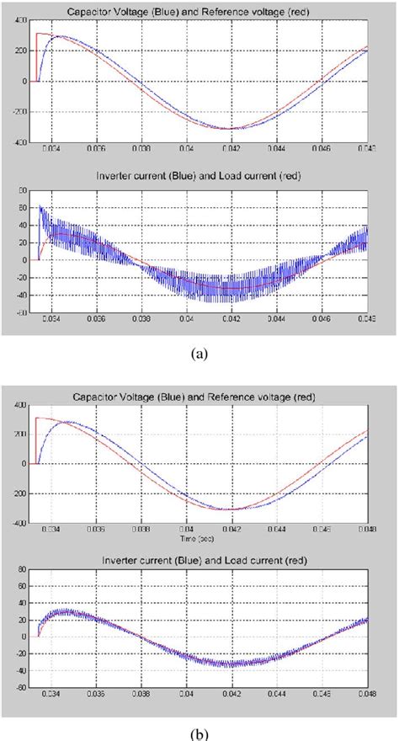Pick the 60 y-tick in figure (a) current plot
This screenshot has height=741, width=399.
pos(22,190)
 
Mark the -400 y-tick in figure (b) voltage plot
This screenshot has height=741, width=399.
pos(19,523)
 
